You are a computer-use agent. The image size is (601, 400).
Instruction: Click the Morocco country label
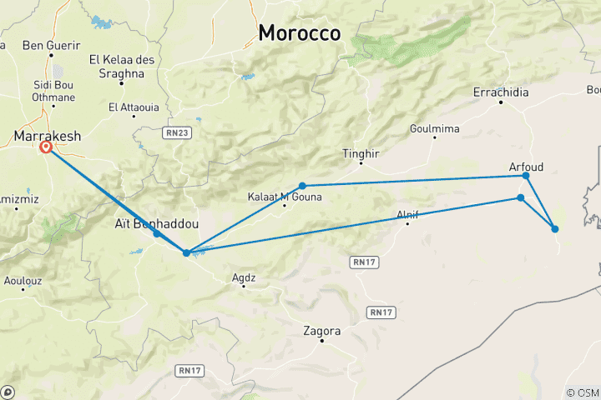300,32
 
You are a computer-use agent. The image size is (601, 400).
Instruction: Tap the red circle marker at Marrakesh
46,147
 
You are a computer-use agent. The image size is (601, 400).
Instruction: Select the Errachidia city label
501,92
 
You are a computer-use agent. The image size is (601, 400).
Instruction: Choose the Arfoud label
526,167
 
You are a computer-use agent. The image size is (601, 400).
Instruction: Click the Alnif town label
407,215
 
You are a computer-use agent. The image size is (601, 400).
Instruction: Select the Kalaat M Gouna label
284,197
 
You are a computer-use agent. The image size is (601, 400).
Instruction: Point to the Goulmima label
432,129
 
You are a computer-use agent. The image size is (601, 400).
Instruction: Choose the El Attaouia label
132,107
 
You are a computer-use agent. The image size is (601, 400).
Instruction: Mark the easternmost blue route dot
555,228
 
